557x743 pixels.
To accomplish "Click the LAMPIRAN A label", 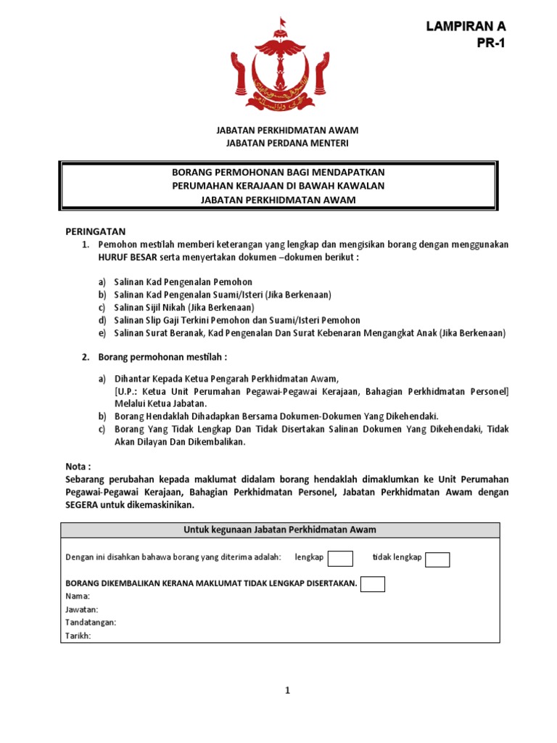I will click(x=466, y=26).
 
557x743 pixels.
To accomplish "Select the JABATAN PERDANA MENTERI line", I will click(x=278, y=144).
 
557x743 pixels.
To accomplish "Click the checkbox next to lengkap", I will click(x=340, y=559).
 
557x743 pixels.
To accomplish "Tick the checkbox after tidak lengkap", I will click(x=437, y=559).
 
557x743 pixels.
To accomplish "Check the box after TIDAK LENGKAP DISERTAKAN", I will click(x=373, y=584).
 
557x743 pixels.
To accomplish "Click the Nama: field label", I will click(x=78, y=596).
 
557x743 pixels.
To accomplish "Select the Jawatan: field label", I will click(x=82, y=609).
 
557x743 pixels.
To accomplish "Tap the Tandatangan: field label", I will click(x=91, y=623).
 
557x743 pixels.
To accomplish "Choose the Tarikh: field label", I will click(x=79, y=636).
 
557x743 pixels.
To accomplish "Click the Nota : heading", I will click(x=79, y=467).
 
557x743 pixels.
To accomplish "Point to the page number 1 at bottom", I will click(x=287, y=691).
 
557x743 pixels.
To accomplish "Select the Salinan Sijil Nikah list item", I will click(x=183, y=307).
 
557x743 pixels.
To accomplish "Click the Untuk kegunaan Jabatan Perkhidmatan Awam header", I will click(x=279, y=530).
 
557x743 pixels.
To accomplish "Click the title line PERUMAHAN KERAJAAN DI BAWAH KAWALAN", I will click(x=278, y=186).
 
